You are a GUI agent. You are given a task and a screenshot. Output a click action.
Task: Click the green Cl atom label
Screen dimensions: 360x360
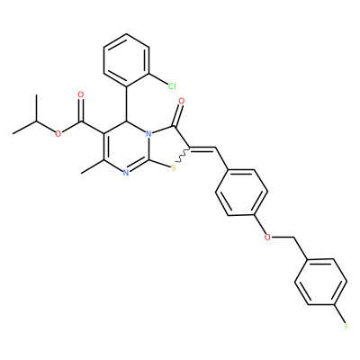pyautogui.click(x=172, y=86)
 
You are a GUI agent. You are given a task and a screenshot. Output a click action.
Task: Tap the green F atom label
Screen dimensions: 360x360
pyautogui.click(x=346, y=326)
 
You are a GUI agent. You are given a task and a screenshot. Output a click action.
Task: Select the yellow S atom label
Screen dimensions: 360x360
pyautogui.click(x=173, y=168)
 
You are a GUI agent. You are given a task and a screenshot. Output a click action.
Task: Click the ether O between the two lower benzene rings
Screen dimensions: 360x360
pyautogui.click(x=267, y=238)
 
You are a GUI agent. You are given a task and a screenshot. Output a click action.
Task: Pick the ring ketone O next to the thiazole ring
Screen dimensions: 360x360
pyautogui.click(x=181, y=101)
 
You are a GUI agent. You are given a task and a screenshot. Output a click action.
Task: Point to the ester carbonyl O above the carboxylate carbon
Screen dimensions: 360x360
pyautogui.click(x=80, y=94)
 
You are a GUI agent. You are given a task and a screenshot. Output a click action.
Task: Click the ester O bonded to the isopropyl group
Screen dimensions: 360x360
pyautogui.click(x=58, y=133)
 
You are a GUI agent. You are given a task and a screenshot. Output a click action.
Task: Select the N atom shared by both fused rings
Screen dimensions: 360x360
pyautogui.click(x=148, y=133)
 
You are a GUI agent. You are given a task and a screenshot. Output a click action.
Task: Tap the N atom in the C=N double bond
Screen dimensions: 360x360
pyautogui.click(x=126, y=173)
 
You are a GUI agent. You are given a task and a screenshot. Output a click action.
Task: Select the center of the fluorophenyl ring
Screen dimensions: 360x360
pyautogui.click(x=320, y=282)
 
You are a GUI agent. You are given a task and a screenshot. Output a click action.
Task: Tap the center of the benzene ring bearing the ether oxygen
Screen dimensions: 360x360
pyautogui.click(x=241, y=193)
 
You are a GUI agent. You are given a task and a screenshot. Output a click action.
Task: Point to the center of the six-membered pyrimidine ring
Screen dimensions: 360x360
pyautogui.click(x=126, y=147)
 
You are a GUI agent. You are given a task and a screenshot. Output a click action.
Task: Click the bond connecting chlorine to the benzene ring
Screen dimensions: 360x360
pyautogui.click(x=158, y=78)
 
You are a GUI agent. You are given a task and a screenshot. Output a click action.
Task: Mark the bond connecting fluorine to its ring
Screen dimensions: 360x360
pyautogui.click(x=339, y=314)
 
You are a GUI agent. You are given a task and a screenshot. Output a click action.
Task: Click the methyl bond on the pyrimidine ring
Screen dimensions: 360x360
pyautogui.click(x=93, y=166)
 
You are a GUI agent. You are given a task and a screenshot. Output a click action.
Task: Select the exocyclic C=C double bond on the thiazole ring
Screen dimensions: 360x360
pyautogui.click(x=203, y=148)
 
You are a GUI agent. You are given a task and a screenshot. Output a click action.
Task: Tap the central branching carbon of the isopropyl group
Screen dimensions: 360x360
pyautogui.click(x=36, y=121)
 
